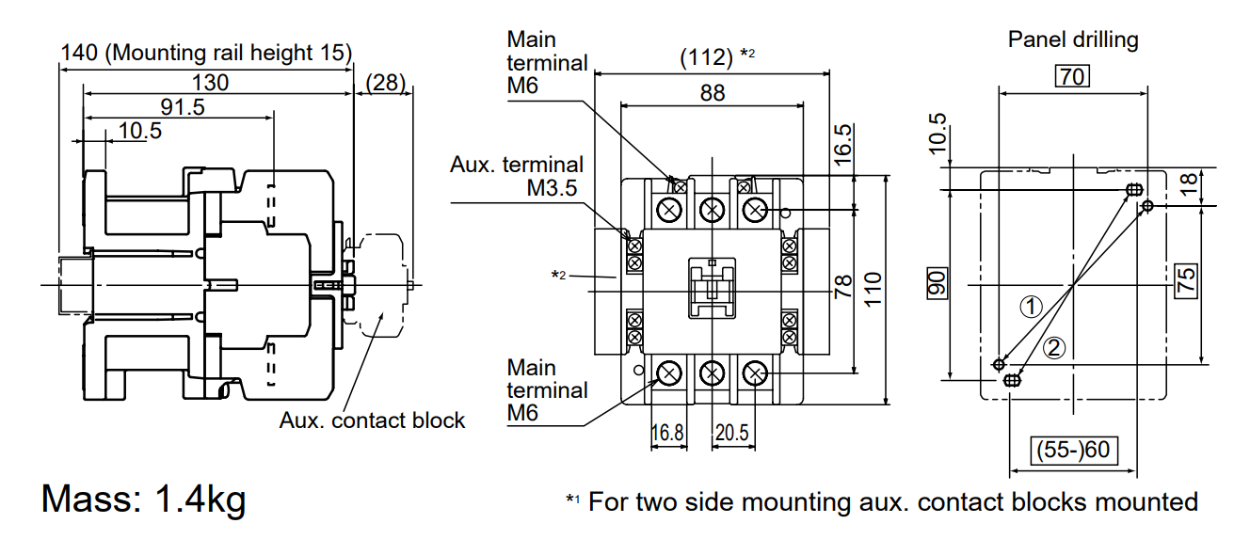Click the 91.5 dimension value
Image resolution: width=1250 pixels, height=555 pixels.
[x=183, y=107]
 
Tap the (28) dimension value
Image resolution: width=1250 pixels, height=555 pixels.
[x=385, y=83]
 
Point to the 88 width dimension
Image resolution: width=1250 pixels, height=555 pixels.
[x=713, y=93]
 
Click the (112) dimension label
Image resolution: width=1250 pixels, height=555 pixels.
[x=706, y=57]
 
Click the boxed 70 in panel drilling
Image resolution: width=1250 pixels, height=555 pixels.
[x=1072, y=76]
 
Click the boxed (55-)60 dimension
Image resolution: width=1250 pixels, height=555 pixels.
[x=1073, y=450]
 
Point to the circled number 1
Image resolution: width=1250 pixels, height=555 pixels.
[x=1033, y=307]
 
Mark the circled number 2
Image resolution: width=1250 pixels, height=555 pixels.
[x=1054, y=348]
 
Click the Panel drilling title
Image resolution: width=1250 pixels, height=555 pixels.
[x=1073, y=40]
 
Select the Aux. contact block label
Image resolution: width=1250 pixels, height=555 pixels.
[x=372, y=420]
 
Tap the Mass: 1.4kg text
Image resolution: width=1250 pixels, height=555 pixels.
[x=143, y=498]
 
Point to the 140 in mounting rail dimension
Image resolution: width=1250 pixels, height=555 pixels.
[x=79, y=53]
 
